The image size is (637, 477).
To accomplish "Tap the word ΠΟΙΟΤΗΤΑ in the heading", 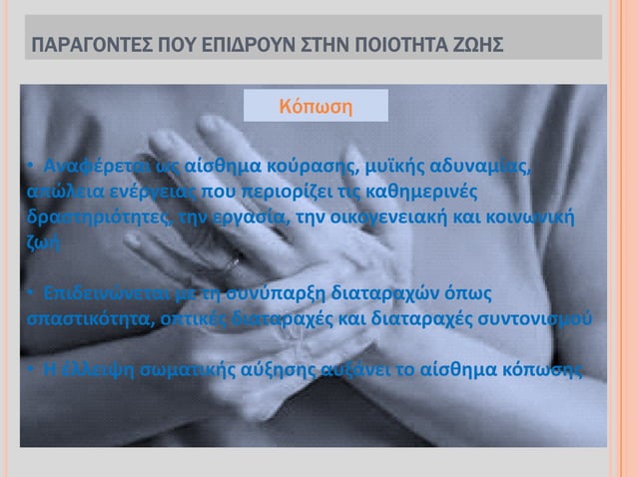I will click(x=383, y=46).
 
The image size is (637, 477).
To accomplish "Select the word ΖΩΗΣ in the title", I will click(x=474, y=46).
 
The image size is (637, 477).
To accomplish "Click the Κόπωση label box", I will click(x=317, y=105).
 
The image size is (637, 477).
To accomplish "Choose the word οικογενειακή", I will click(x=383, y=216).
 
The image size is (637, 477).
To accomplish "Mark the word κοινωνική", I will click(x=530, y=216).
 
